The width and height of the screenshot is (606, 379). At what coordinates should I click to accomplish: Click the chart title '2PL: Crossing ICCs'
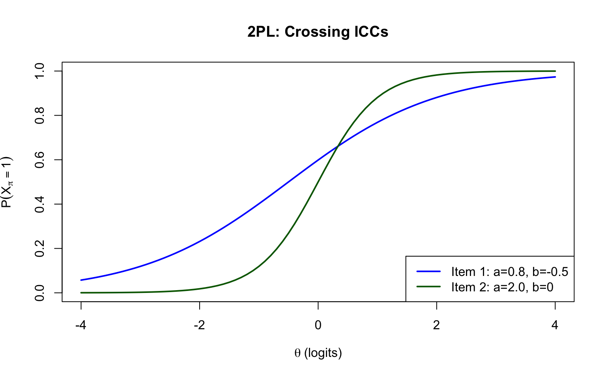pyautogui.click(x=318, y=32)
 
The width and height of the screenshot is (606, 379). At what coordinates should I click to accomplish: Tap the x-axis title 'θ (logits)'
pyautogui.click(x=318, y=353)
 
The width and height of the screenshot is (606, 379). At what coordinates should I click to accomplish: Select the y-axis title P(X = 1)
pyautogui.click(x=7, y=182)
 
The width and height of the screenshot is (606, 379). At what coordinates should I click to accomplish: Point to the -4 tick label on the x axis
pyautogui.click(x=81, y=325)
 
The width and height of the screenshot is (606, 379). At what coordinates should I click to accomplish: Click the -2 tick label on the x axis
pyautogui.click(x=199, y=325)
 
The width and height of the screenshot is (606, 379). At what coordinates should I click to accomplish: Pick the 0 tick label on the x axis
pyautogui.click(x=318, y=325)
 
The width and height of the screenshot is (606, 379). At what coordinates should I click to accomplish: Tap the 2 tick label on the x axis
pyautogui.click(x=436, y=325)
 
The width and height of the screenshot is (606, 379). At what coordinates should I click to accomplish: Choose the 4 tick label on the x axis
pyautogui.click(x=555, y=325)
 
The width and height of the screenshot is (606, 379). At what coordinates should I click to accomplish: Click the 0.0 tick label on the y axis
pyautogui.click(x=39, y=293)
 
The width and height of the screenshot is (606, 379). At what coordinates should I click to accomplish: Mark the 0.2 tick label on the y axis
pyautogui.click(x=39, y=249)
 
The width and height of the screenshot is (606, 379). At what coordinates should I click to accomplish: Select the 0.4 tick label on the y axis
pyautogui.click(x=39, y=204)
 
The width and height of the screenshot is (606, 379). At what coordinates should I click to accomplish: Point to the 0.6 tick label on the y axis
pyautogui.click(x=39, y=160)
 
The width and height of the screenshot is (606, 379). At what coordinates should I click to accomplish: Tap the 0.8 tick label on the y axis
pyautogui.click(x=39, y=116)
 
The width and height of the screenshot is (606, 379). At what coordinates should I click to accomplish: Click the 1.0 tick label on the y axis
pyautogui.click(x=39, y=71)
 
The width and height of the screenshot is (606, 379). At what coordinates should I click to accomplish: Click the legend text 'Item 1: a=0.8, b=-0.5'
pyautogui.click(x=510, y=272)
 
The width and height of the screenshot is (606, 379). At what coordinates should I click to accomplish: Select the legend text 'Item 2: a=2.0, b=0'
pyautogui.click(x=502, y=287)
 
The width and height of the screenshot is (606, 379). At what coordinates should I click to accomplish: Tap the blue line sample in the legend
pyautogui.click(x=428, y=271)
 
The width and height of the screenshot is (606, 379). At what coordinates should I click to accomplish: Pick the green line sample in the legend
pyautogui.click(x=428, y=287)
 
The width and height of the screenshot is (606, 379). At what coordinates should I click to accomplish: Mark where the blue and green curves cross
pyautogui.click(x=338, y=147)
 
